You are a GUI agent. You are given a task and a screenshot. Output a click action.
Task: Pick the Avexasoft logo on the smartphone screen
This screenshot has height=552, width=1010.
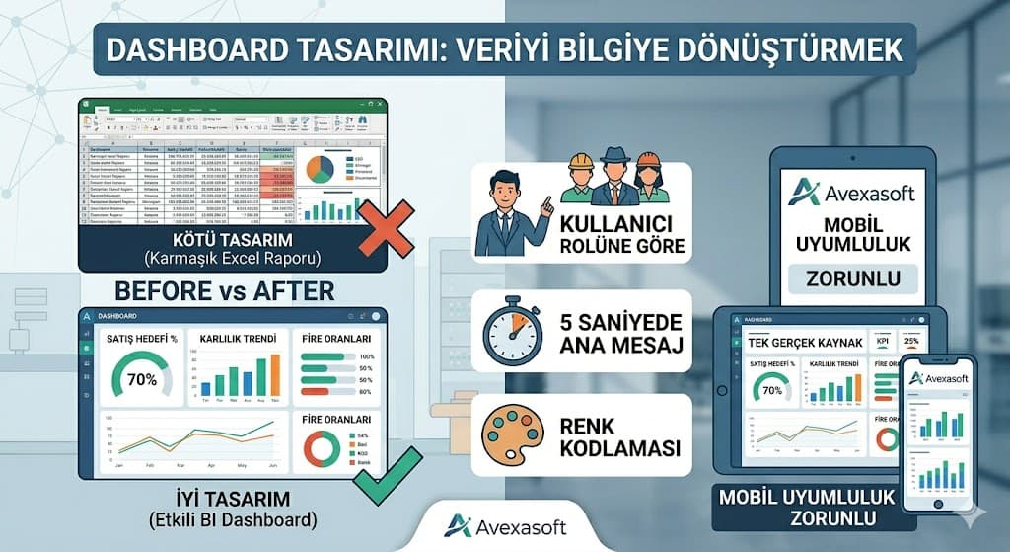click(x=938, y=378)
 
